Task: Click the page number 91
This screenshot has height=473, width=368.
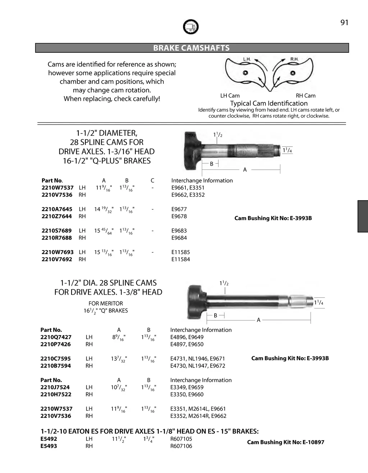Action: point(344,23)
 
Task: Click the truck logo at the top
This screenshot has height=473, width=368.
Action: point(190,27)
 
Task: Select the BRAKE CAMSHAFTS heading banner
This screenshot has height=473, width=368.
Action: point(192,48)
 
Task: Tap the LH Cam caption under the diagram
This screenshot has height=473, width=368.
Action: point(230,95)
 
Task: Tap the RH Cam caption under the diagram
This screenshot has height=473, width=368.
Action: point(305,95)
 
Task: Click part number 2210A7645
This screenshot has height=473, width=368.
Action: point(57,209)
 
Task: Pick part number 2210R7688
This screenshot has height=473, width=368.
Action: point(57,238)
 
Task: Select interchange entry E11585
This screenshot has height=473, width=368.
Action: point(180,252)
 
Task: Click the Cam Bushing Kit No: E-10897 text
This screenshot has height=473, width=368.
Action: point(285,442)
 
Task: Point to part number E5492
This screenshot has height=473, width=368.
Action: point(49,439)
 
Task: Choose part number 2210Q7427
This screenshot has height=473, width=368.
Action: point(56,337)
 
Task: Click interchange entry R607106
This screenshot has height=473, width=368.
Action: point(181,446)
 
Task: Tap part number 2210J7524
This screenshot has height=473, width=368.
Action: point(55,387)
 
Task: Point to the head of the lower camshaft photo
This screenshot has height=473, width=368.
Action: point(196,301)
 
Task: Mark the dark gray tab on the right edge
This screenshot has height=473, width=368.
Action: point(363,216)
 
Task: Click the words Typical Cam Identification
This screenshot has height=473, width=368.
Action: point(269,103)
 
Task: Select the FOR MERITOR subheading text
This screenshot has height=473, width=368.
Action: point(106,304)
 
